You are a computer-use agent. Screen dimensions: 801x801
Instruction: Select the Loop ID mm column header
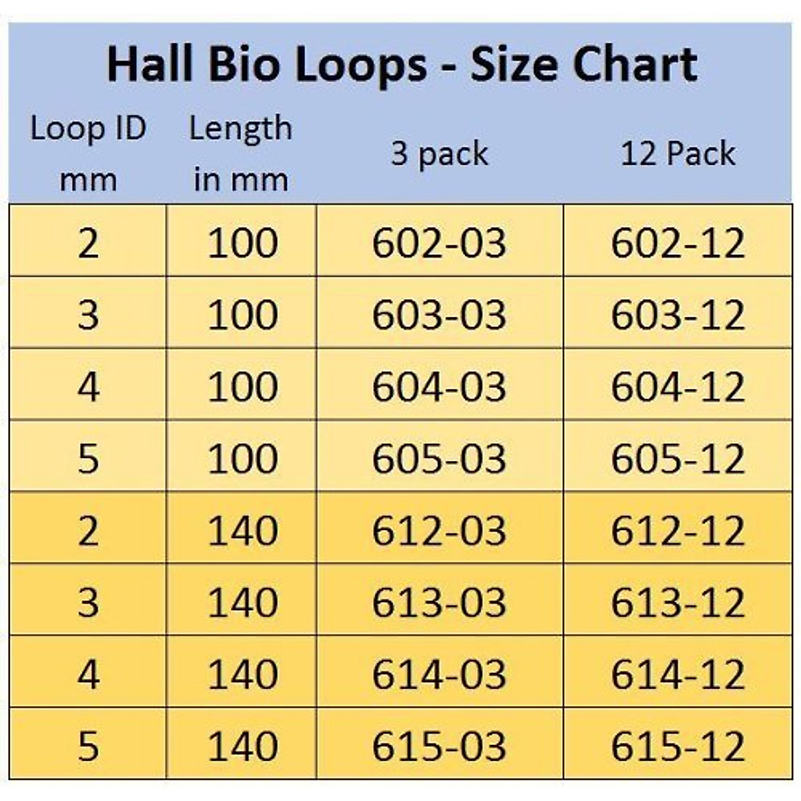tap(88, 154)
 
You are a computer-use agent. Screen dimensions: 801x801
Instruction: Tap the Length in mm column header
tap(241, 154)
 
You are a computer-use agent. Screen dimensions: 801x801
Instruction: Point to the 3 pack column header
tap(439, 154)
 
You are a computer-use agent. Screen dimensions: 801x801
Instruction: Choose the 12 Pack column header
tap(678, 154)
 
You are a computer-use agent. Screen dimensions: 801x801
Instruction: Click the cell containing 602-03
tap(439, 242)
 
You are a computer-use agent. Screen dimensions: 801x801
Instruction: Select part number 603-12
tap(678, 314)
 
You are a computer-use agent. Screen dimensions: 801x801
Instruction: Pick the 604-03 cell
tap(439, 386)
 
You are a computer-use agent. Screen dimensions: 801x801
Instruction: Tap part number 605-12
tap(678, 459)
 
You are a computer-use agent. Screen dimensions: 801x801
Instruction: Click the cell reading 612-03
tap(439, 531)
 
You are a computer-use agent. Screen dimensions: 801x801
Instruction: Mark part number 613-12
tap(678, 602)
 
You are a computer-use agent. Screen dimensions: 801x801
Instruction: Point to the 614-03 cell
tap(439, 674)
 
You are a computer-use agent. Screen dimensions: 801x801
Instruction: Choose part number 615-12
tap(678, 746)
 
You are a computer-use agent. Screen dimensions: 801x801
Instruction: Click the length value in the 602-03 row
tap(242, 242)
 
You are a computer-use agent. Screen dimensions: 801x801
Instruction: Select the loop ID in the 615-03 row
tap(88, 746)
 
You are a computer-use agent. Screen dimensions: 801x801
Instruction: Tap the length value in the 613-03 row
tap(242, 602)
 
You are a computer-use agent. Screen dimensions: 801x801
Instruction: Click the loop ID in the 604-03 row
tap(88, 386)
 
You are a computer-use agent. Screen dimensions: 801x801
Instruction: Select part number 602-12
tap(678, 242)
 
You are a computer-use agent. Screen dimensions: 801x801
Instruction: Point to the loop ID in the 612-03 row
tap(88, 531)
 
